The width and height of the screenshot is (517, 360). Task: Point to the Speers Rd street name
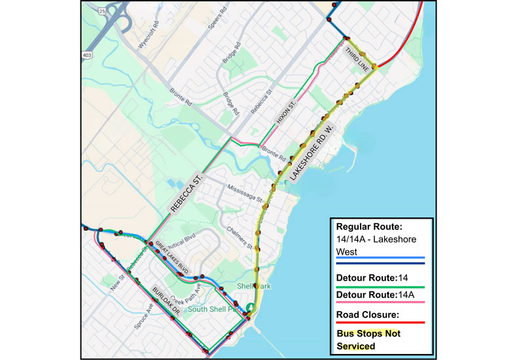pyautogui.click(x=221, y=23)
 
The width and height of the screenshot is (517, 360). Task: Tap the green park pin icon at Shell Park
pyautogui.click(x=251, y=308)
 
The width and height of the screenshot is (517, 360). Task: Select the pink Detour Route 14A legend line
pyautogui.click(x=380, y=302)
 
